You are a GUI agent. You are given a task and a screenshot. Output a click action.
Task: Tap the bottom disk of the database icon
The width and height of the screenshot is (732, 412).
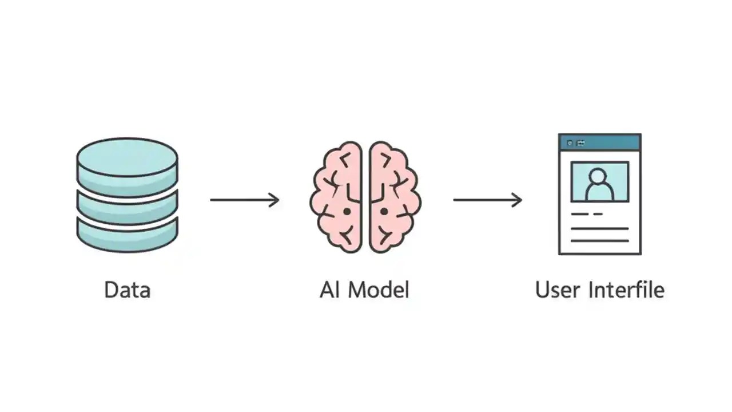click(x=127, y=235)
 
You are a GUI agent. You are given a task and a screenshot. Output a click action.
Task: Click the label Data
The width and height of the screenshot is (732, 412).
click(x=128, y=290)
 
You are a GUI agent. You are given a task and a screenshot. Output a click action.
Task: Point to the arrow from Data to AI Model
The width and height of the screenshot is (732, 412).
click(x=244, y=200)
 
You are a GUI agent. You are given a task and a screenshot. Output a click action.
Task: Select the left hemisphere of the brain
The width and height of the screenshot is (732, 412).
click(x=337, y=197)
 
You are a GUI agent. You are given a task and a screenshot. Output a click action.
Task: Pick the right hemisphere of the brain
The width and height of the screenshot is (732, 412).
click(x=394, y=197)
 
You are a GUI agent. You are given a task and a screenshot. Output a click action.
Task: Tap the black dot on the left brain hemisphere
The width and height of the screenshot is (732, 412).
click(x=347, y=212)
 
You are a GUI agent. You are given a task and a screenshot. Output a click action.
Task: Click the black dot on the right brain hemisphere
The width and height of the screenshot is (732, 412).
click(x=384, y=212)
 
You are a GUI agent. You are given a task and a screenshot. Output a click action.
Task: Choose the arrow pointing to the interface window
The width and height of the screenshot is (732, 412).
click(x=487, y=200)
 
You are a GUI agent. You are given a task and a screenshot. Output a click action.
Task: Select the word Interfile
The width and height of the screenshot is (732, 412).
click(x=627, y=290)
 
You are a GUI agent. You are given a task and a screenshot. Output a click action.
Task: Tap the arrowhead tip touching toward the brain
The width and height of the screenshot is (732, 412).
click(x=278, y=200)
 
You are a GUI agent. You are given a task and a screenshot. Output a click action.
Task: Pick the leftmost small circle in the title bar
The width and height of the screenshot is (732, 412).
click(x=570, y=142)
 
